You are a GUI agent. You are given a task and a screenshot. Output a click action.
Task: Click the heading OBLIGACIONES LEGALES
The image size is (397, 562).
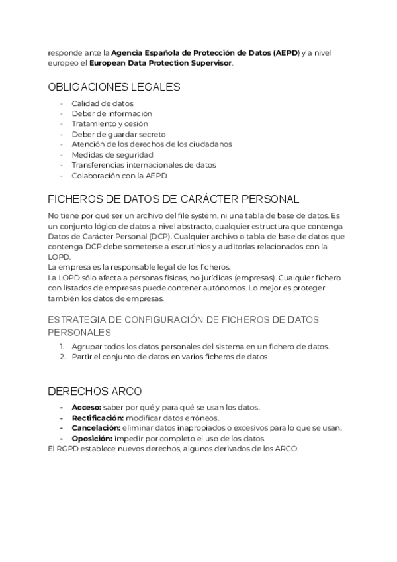(114, 87)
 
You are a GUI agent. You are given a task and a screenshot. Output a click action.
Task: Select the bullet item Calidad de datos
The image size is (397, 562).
(103, 103)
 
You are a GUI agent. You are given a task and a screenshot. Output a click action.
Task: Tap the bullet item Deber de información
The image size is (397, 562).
(112, 113)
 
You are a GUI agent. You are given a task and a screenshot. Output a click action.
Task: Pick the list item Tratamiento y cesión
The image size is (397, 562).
(110, 123)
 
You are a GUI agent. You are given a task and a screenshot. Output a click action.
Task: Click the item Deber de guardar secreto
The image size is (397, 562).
(119, 134)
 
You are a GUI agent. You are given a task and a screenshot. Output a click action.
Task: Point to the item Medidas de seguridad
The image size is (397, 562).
(112, 154)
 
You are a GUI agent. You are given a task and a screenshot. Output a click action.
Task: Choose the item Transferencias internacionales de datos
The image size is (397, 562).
(144, 164)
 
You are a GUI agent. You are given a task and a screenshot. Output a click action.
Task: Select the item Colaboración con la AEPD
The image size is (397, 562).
(120, 175)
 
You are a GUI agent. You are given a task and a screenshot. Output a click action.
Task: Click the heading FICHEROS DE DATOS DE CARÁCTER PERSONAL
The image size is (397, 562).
(174, 199)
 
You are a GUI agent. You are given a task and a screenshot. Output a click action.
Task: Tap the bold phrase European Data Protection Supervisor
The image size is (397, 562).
(161, 63)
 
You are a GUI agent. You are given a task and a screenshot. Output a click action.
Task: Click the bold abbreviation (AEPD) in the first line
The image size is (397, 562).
(285, 52)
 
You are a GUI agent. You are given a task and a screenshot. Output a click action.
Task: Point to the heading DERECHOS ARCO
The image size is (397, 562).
(95, 390)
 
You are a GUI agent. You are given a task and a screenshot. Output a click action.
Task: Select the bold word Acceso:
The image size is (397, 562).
(87, 407)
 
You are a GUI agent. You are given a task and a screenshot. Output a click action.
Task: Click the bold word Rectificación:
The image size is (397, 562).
(98, 418)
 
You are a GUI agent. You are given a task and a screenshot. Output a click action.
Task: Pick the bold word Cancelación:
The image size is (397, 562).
(97, 428)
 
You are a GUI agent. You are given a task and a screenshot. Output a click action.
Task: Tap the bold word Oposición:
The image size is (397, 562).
(92, 439)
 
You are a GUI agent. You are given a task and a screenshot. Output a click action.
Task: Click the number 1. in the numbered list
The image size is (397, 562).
(62, 347)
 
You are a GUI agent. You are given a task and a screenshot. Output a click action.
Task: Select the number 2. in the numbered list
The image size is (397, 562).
(62, 357)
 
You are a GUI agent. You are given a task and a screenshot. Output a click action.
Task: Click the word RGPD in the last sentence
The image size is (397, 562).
(67, 449)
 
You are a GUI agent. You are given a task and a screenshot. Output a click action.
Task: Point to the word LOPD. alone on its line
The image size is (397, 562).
(59, 256)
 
